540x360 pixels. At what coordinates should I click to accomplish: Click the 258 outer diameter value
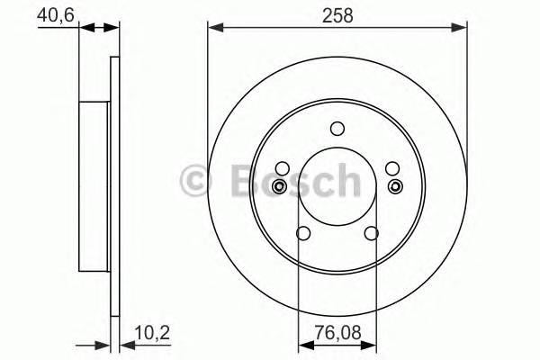[x=337, y=15]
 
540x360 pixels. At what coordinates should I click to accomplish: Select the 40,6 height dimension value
[x=54, y=14]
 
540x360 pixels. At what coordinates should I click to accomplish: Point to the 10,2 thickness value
[x=150, y=332]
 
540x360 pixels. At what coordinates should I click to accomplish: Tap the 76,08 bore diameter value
[x=337, y=332]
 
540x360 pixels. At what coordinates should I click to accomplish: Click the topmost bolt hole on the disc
[x=337, y=128]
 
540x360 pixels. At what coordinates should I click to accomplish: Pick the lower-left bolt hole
[x=303, y=234]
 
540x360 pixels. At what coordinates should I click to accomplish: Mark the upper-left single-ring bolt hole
[x=282, y=168]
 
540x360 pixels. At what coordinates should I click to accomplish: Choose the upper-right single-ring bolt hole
[x=392, y=168]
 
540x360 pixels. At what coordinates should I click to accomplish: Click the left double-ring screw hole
[x=280, y=186]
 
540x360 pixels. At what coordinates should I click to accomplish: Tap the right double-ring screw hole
[x=395, y=186]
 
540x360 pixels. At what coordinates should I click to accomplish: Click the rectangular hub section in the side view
[x=94, y=186]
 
